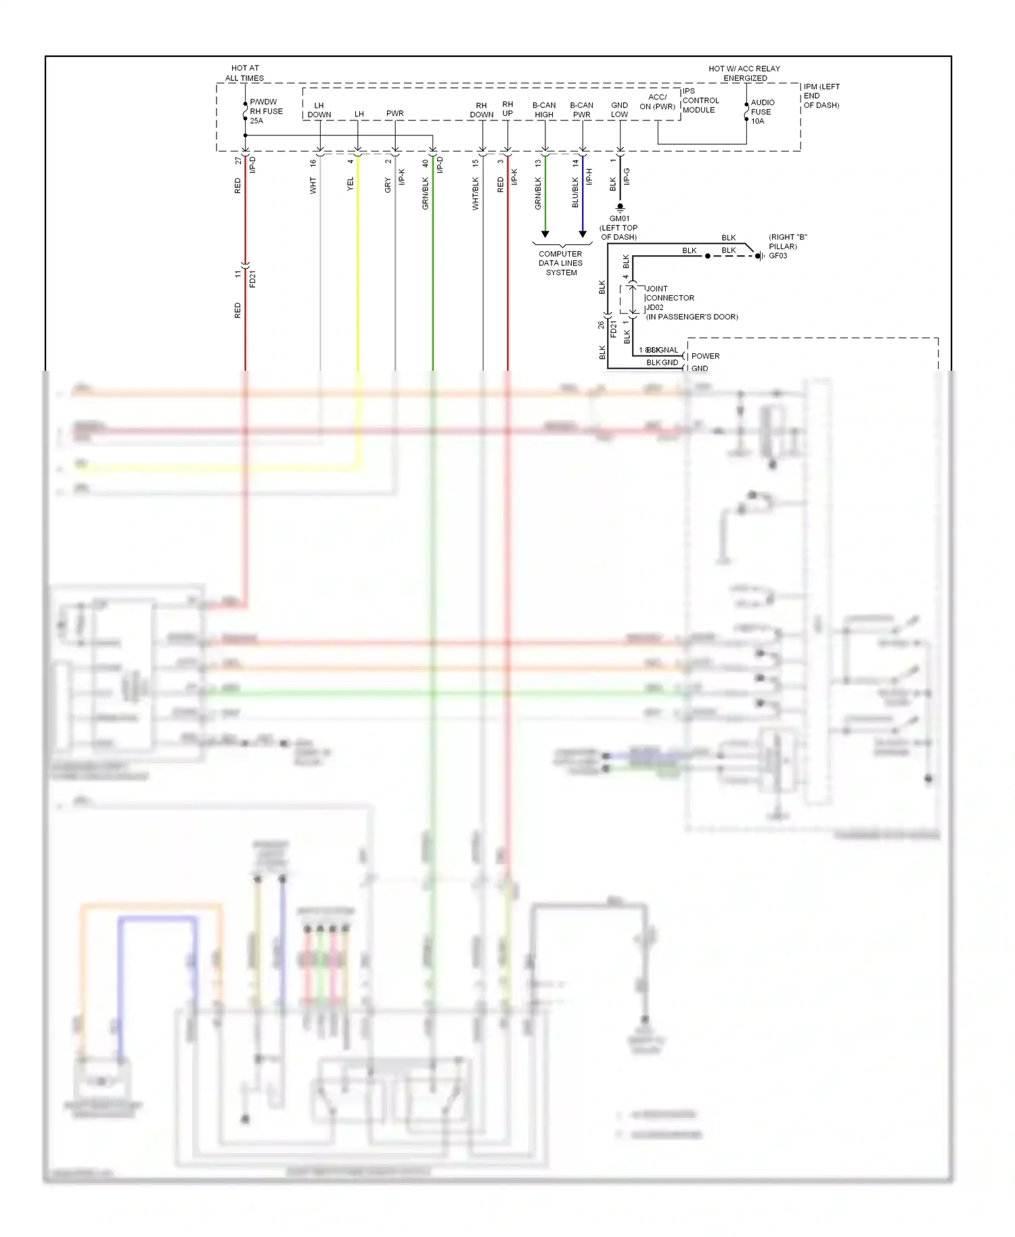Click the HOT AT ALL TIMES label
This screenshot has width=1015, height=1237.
point(244,73)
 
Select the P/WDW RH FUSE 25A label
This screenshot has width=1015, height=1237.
point(265,112)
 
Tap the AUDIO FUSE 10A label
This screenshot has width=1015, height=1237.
point(762,112)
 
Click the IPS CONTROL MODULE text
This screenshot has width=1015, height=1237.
point(700,100)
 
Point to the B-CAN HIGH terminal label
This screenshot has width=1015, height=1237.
point(544,110)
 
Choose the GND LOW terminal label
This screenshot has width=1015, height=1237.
point(619,110)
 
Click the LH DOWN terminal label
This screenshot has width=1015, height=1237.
point(319,110)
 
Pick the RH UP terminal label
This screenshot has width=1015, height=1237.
point(507,109)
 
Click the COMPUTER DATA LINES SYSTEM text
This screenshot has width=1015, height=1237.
point(561,263)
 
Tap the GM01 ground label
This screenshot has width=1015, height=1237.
point(619,219)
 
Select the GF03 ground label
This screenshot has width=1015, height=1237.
point(777,256)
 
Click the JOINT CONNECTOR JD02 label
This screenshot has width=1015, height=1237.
point(669,298)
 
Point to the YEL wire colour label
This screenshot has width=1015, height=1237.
point(351,184)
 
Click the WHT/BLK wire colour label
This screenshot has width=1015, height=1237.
point(476,194)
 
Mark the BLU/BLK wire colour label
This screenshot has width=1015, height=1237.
point(575,193)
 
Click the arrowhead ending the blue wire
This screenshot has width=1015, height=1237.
point(583,234)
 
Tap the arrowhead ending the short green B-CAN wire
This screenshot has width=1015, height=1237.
point(545,234)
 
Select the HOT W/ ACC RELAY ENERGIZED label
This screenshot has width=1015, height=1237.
point(744,73)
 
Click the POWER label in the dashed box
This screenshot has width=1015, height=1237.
point(705,356)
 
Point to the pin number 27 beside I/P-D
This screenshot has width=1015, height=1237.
point(238,160)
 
